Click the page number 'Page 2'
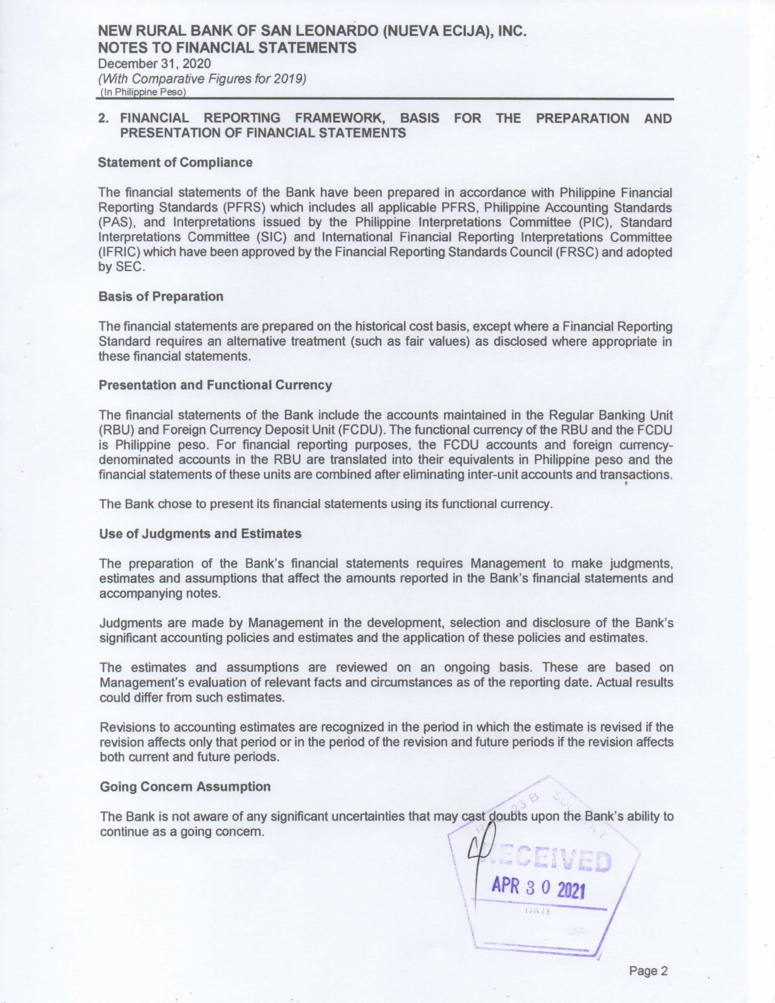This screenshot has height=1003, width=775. click(648, 971)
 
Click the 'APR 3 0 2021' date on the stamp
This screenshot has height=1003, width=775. click(538, 888)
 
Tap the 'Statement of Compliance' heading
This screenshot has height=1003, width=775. click(175, 162)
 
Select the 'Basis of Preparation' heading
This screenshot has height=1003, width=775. click(160, 297)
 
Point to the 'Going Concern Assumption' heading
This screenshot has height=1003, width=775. click(185, 787)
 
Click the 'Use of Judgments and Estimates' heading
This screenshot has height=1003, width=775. click(200, 534)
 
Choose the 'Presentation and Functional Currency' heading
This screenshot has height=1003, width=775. click(215, 385)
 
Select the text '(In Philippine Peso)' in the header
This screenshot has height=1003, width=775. click(142, 92)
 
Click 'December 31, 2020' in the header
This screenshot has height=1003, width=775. click(154, 64)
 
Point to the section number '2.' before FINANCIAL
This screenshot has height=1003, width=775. click(104, 119)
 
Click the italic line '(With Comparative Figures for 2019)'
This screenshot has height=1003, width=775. click(202, 78)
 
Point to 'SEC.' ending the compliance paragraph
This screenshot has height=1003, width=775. click(131, 267)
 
